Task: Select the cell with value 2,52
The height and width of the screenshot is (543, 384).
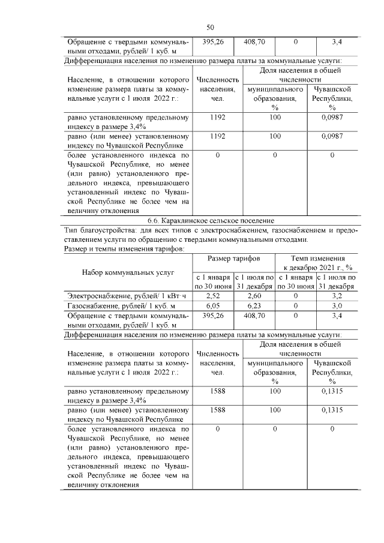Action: (x=213, y=295)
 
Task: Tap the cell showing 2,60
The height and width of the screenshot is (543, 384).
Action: (x=254, y=295)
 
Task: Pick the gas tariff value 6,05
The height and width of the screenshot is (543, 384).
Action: (x=213, y=305)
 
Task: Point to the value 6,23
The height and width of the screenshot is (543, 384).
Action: (x=254, y=305)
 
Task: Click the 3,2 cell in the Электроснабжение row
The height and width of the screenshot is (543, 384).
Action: (x=337, y=295)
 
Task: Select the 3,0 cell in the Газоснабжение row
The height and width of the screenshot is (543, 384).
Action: (x=337, y=305)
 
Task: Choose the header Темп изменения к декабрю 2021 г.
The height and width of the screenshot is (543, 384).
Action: (x=317, y=262)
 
